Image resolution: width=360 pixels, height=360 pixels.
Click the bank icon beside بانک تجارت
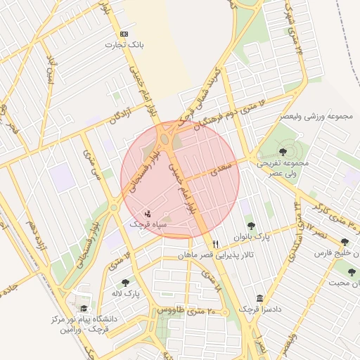[124, 34]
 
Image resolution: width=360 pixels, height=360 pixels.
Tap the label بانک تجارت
[120, 45]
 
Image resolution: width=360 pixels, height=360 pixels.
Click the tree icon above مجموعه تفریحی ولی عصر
[283, 151]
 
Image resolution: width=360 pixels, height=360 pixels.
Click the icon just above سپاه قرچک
[147, 212]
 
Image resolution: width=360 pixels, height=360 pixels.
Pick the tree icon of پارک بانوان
[251, 226]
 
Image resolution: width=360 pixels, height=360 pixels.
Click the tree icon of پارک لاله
[125, 283]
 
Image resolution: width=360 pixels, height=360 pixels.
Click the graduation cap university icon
[84, 309]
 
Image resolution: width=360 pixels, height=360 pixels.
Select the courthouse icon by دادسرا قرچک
[259, 298]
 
